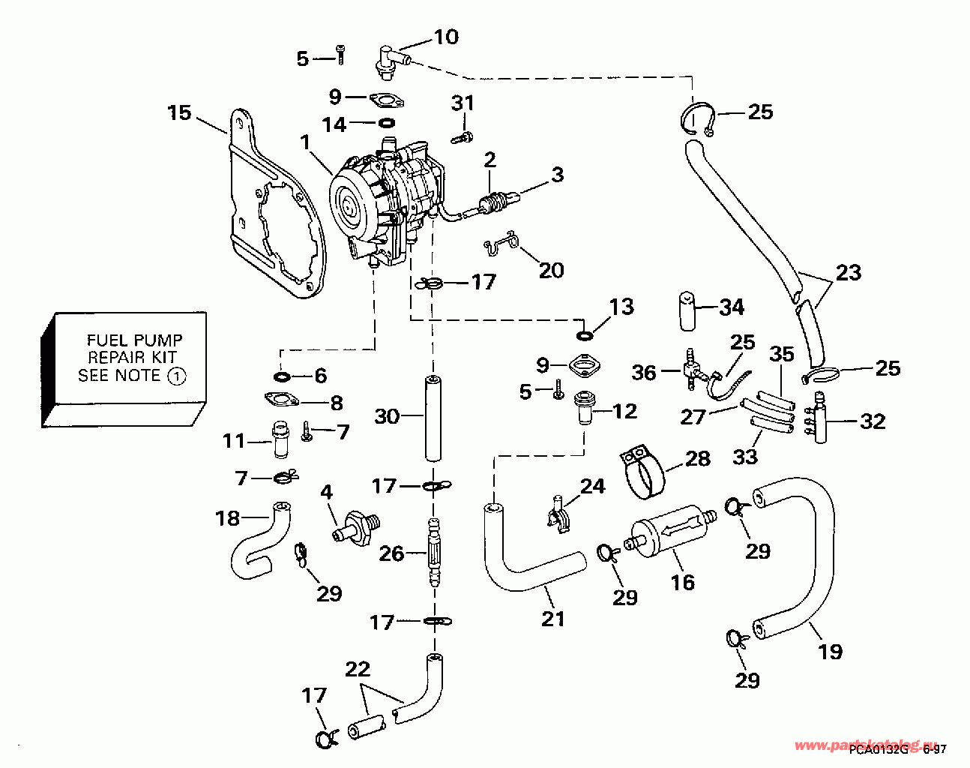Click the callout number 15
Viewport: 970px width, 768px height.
point(179,113)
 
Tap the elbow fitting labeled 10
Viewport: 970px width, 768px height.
point(388,60)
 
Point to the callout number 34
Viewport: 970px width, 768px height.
point(732,307)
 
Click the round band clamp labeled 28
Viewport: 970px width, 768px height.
point(645,474)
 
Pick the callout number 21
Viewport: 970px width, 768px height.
point(552,619)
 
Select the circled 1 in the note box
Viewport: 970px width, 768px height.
point(175,376)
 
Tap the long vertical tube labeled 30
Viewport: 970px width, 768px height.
point(431,417)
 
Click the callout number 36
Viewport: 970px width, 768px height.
point(644,373)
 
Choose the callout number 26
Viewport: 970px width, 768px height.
point(391,553)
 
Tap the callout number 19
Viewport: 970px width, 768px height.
point(830,651)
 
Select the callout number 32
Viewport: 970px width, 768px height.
point(873,421)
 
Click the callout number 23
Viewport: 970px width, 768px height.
point(849,271)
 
